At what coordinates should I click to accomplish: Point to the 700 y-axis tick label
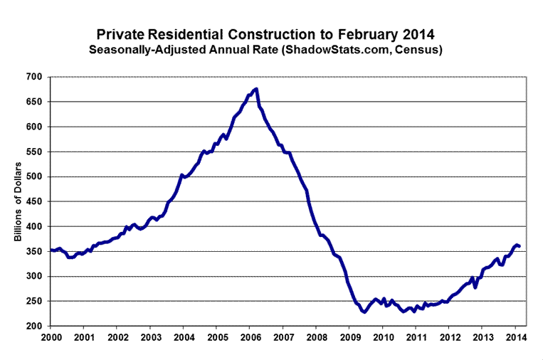tap(33, 77)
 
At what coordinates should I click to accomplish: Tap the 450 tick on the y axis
tap(33, 201)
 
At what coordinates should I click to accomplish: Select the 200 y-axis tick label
tap(33, 326)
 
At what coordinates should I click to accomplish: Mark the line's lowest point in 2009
tap(364, 312)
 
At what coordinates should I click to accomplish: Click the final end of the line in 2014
tap(520, 246)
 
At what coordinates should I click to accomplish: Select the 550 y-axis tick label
tap(33, 152)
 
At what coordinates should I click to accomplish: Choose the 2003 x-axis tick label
tap(151, 337)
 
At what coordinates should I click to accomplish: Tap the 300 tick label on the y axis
tap(33, 276)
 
